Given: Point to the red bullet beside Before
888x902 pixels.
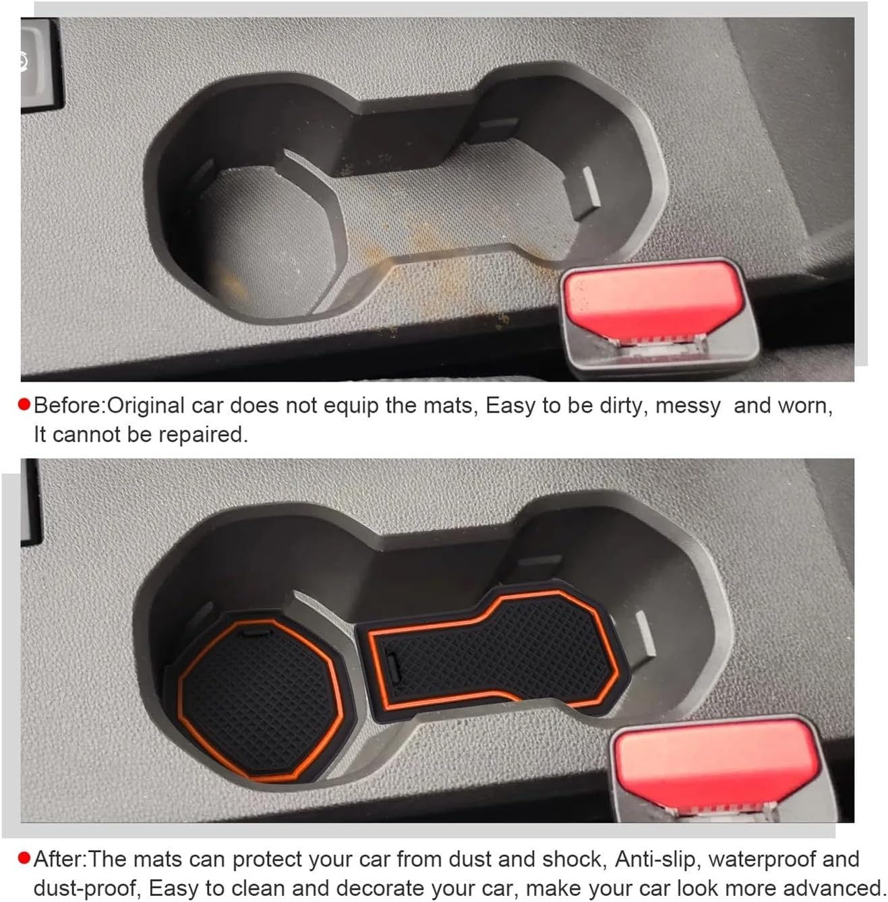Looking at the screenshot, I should [x=25, y=405].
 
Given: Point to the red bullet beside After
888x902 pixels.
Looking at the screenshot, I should [x=25, y=859].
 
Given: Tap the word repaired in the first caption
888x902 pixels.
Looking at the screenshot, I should [x=203, y=435].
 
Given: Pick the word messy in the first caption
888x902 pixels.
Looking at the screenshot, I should [x=688, y=406].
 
